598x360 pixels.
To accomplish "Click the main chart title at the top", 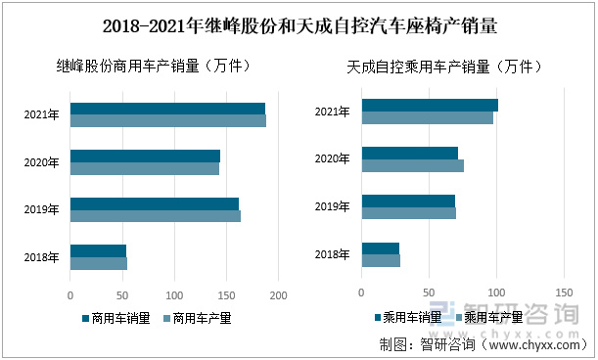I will (x=299, y=25).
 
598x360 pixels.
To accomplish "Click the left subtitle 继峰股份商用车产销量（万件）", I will (x=156, y=67).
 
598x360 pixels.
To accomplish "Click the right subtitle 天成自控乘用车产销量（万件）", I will (x=445, y=67).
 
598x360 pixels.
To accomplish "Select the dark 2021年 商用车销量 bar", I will (x=167, y=109).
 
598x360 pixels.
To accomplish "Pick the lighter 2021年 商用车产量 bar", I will (x=167, y=121).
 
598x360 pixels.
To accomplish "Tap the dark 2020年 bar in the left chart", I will (x=145, y=156).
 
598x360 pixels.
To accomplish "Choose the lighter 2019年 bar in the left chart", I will (x=155, y=216).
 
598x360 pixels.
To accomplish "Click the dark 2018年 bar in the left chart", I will (x=98, y=250).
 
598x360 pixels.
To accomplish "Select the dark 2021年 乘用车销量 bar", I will (x=430, y=105).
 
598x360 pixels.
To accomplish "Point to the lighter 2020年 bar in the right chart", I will (x=412, y=165).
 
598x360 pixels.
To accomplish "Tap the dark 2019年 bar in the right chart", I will (x=408, y=201).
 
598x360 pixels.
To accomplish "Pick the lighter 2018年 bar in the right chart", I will (x=381, y=260).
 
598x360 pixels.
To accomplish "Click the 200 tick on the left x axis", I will (x=279, y=294).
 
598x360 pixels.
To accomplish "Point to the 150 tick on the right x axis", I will (x=564, y=292).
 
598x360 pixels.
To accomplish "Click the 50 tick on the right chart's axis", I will (x=429, y=292).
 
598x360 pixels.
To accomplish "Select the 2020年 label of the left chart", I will (x=42, y=162).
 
